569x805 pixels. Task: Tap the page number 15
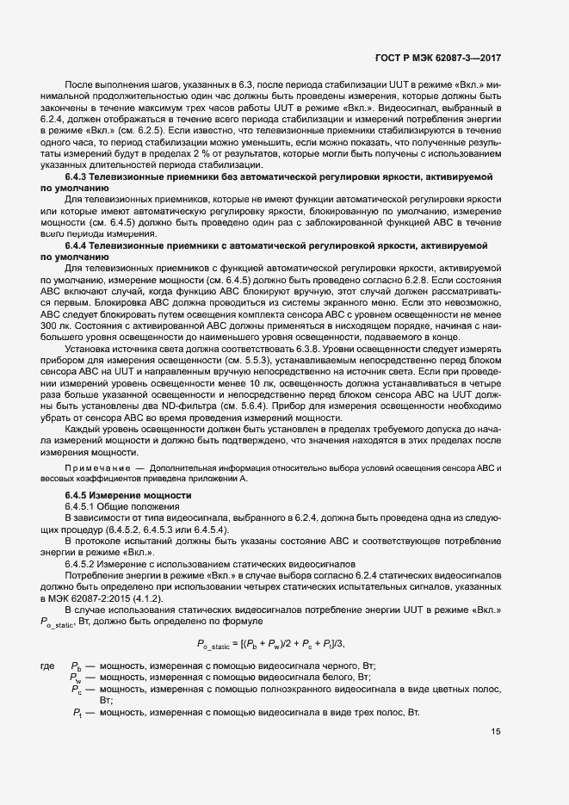click(x=496, y=732)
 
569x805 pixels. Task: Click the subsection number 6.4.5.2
click(x=83, y=562)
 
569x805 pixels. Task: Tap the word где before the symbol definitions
click(x=48, y=666)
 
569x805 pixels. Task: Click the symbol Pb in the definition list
click(x=77, y=667)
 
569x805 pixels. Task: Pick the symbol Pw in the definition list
click(x=77, y=678)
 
